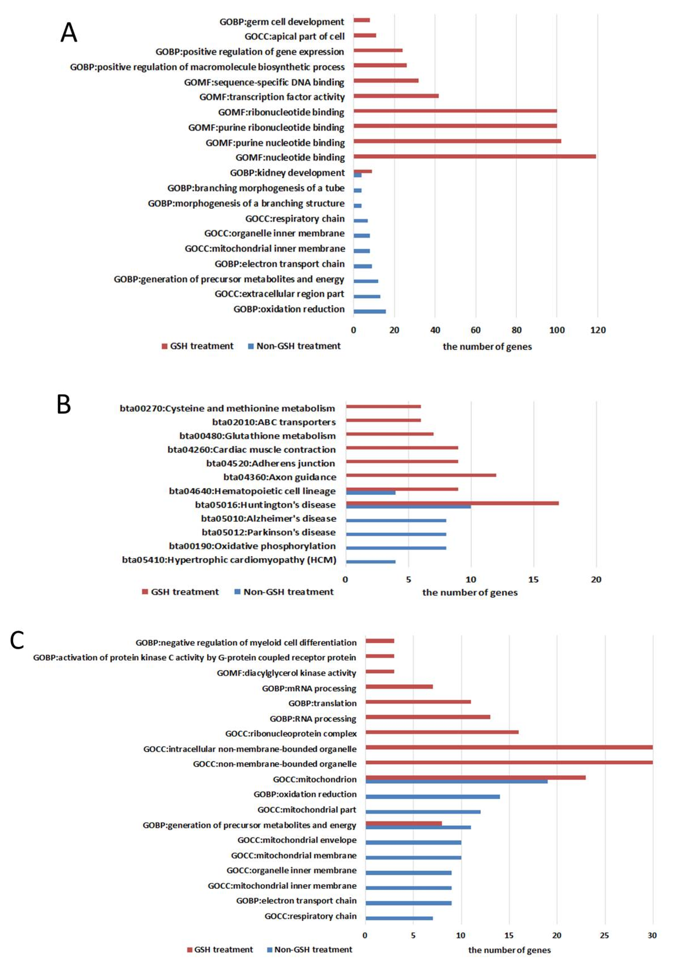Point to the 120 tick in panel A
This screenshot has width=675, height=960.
tap(598, 330)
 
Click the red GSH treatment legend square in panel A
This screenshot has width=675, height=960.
tap(164, 346)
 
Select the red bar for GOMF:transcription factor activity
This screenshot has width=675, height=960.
tap(396, 96)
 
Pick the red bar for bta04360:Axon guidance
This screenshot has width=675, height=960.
tap(421, 475)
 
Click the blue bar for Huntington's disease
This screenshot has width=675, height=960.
tap(408, 507)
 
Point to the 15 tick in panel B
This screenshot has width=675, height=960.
tap(533, 579)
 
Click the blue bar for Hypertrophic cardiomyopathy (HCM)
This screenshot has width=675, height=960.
tap(370, 561)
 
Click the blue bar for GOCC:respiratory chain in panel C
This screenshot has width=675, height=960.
tap(399, 918)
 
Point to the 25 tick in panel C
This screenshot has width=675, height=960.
tap(604, 935)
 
